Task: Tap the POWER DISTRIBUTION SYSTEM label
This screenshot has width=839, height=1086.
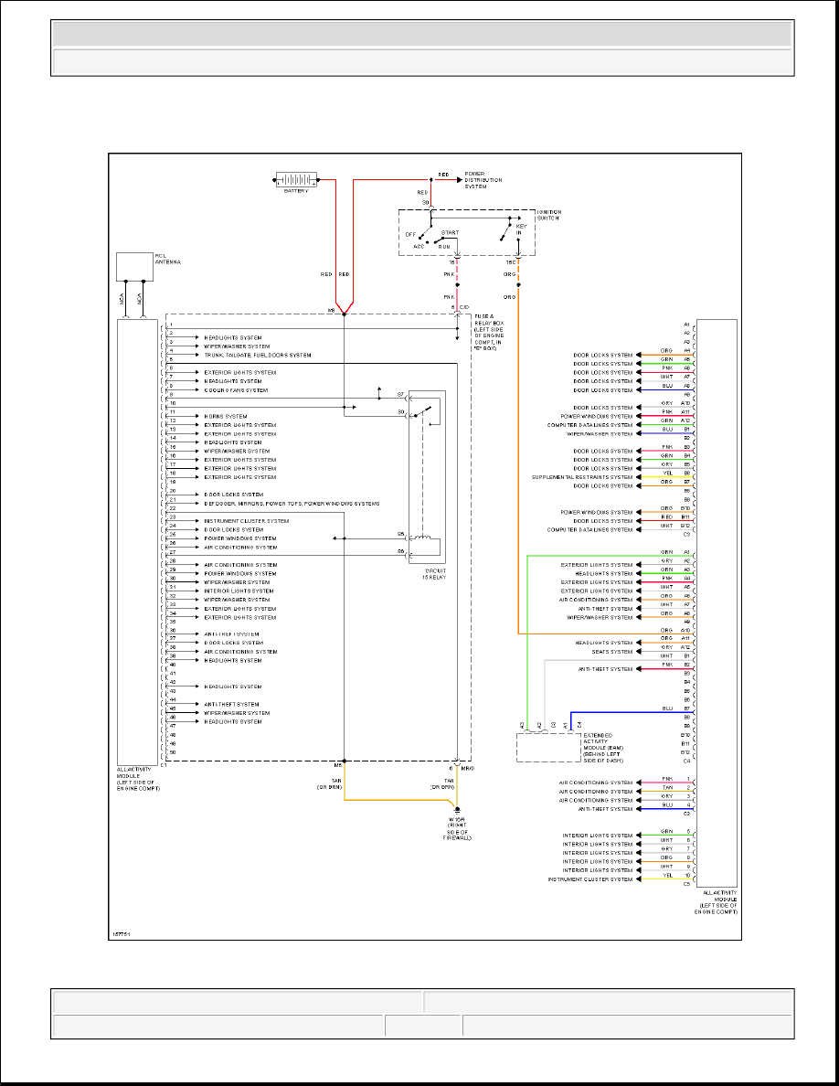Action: click(483, 180)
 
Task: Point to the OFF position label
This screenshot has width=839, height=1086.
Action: click(410, 234)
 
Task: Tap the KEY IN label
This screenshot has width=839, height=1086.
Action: click(521, 229)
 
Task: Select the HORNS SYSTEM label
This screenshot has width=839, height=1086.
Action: click(225, 416)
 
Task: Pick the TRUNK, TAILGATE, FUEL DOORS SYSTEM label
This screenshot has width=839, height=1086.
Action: click(258, 355)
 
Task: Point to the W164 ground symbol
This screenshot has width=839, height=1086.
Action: click(457, 811)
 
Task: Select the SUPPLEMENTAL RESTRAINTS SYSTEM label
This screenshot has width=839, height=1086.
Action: click(582, 477)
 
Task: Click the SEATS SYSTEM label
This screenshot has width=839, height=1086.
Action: click(611, 652)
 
